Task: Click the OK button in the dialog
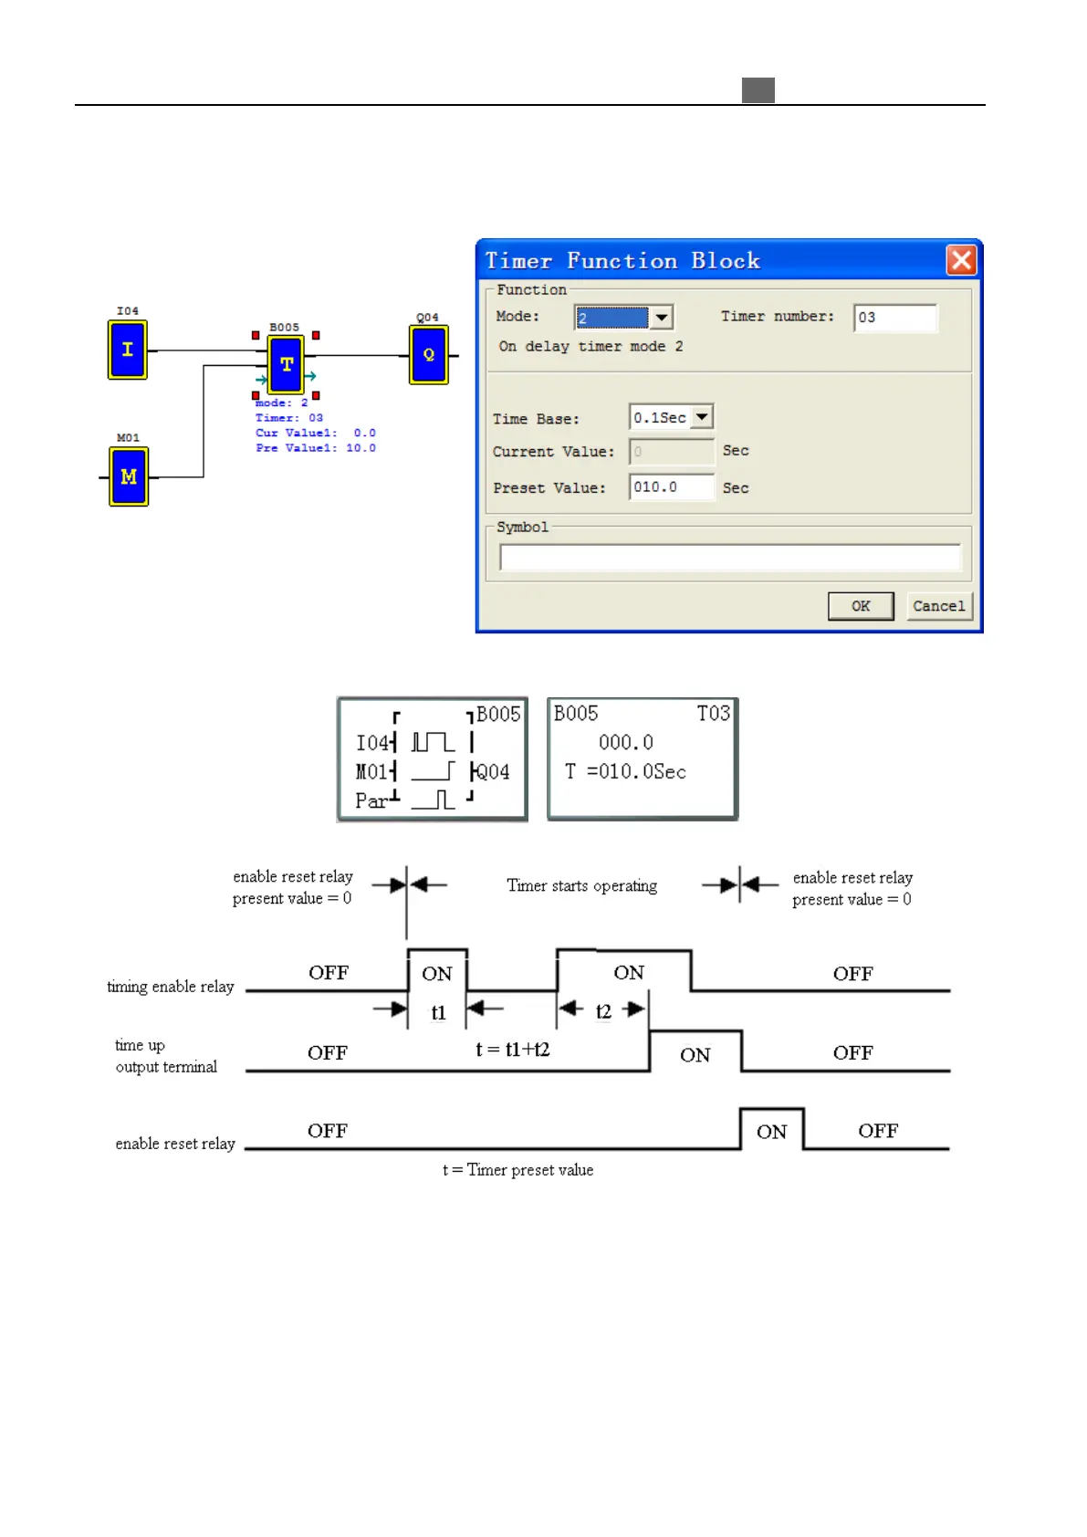pyautogui.click(x=860, y=606)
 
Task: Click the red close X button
pyautogui.click(x=961, y=260)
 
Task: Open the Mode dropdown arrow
pyautogui.click(x=662, y=317)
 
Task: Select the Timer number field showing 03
pyautogui.click(x=894, y=318)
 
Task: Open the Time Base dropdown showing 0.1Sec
pyautogui.click(x=701, y=417)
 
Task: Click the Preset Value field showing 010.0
pyautogui.click(x=671, y=487)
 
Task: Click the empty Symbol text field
pyautogui.click(x=729, y=557)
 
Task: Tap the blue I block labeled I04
pyautogui.click(x=128, y=350)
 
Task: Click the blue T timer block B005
pyautogui.click(x=287, y=364)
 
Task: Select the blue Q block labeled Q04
pyautogui.click(x=429, y=355)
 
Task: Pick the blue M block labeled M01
pyautogui.click(x=129, y=476)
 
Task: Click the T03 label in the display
pyautogui.click(x=713, y=714)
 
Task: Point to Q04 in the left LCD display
pyautogui.click(x=493, y=772)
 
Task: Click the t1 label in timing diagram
pyautogui.click(x=438, y=1013)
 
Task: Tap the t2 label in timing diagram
pyautogui.click(x=603, y=1011)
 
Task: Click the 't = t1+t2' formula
pyautogui.click(x=513, y=1050)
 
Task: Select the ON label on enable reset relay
pyautogui.click(x=771, y=1132)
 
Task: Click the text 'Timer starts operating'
pyautogui.click(x=581, y=885)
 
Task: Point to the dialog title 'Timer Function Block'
pyautogui.click(x=622, y=261)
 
